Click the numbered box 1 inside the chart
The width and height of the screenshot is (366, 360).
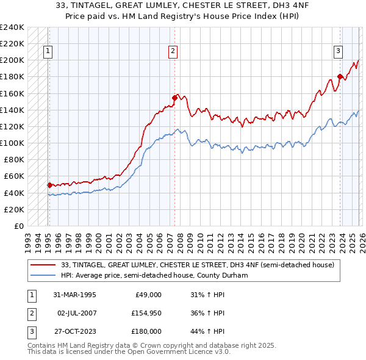(48, 52)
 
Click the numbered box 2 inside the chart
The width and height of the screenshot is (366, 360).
(173, 52)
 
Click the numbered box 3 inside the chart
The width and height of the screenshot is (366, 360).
(338, 52)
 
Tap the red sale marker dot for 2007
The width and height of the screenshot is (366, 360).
(174, 97)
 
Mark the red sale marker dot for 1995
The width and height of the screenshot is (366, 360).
(49, 185)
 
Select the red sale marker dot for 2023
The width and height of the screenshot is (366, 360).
(340, 76)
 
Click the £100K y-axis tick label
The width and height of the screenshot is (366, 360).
(12, 143)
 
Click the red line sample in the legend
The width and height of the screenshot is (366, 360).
(43, 265)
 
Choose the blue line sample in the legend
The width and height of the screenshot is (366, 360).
(43, 275)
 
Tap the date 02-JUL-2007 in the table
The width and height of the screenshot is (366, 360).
(76, 313)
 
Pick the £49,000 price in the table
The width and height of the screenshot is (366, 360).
(148, 295)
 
